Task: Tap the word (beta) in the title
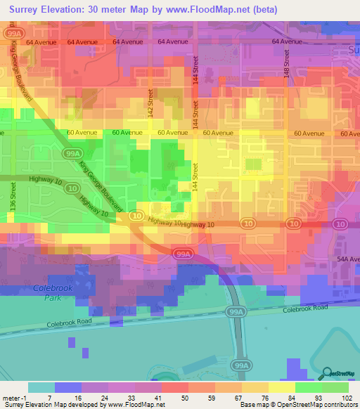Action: pyautogui.click(x=264, y=9)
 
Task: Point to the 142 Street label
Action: pyautogui.click(x=150, y=97)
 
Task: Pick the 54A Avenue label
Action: pyautogui.click(x=347, y=259)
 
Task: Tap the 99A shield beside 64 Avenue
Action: pyautogui.click(x=12, y=32)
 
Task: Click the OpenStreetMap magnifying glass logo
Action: pyautogui.click(x=326, y=373)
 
